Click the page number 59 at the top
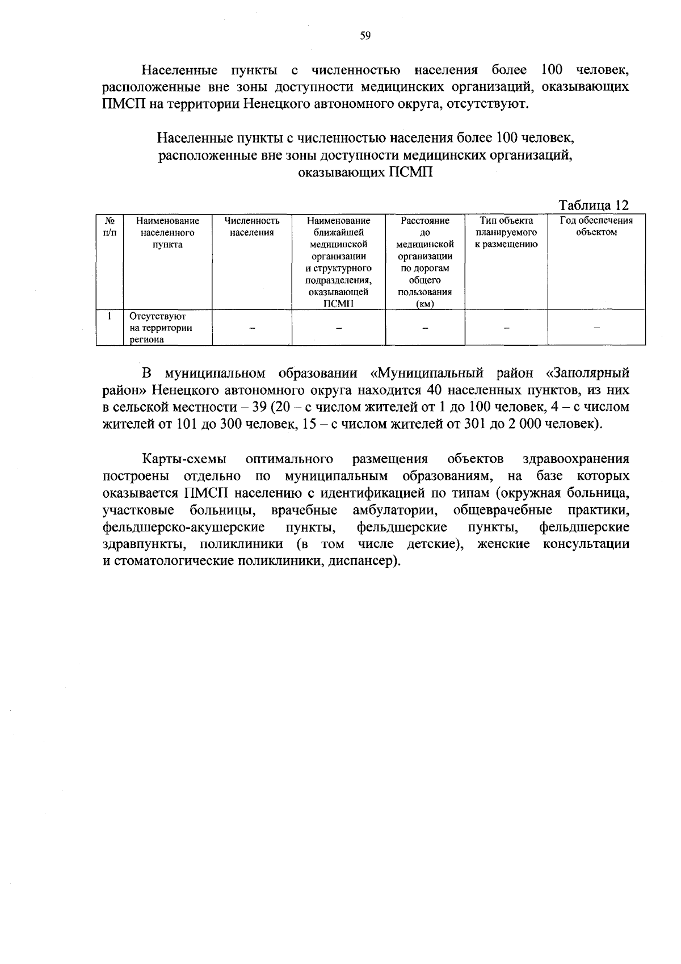click(365, 36)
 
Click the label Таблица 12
click(594, 205)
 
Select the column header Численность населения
click(252, 227)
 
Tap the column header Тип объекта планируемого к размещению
click(506, 232)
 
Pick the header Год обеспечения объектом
click(596, 227)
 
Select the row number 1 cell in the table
click(110, 316)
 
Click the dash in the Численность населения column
click(252, 328)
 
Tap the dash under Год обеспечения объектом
click(596, 328)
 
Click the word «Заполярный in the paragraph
click(587, 373)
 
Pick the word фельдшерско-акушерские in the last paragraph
click(184, 527)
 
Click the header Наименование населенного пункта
click(167, 232)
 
